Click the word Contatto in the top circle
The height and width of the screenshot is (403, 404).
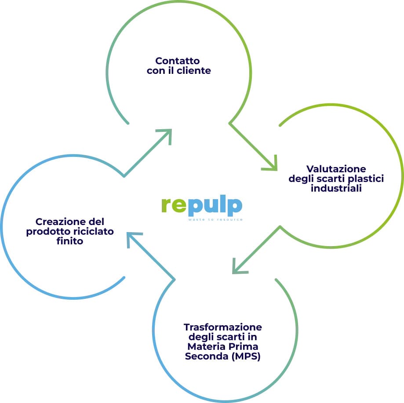[x=178, y=61]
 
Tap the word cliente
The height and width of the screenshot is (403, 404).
[x=194, y=70]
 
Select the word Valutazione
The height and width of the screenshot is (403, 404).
[x=336, y=169]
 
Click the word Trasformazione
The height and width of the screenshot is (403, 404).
[x=223, y=327]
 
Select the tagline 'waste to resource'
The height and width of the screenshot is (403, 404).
[x=215, y=219]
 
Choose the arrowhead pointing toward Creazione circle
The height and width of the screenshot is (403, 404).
[x=132, y=238]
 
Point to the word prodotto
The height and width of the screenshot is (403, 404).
[x=47, y=231]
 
